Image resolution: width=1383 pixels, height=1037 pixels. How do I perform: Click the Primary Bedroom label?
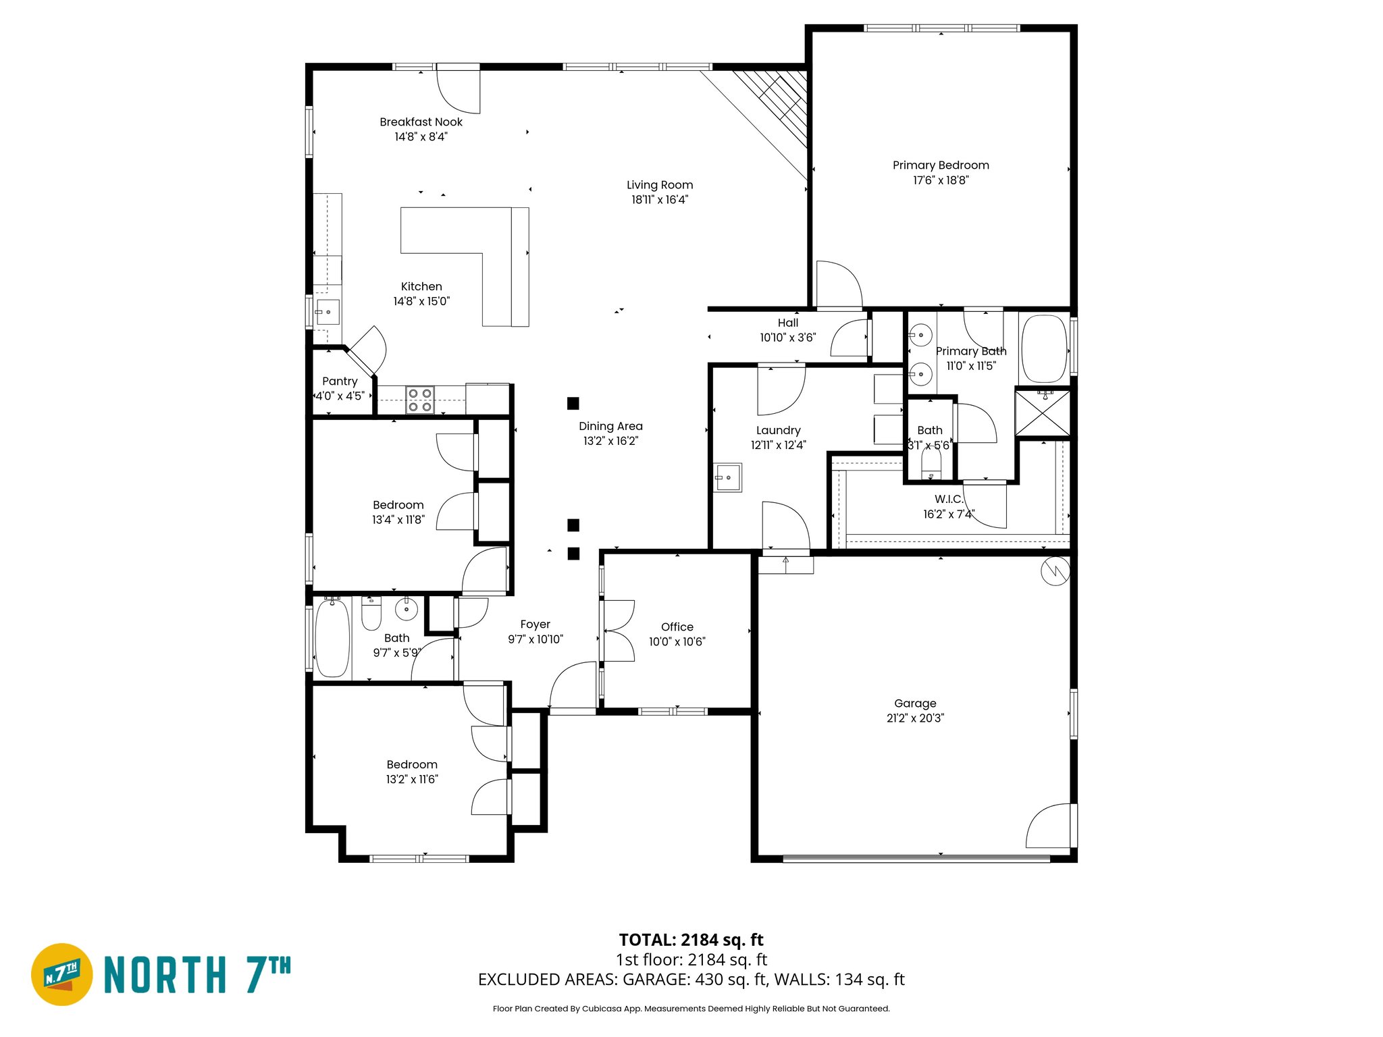pos(941,165)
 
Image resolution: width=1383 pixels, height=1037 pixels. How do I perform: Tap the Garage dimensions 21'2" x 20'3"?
pos(915,718)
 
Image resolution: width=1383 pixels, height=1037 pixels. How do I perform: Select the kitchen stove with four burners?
pos(419,400)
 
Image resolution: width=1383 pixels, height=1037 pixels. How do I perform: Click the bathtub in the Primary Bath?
pos(1044,349)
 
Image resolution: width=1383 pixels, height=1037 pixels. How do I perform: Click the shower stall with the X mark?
pos(1043,413)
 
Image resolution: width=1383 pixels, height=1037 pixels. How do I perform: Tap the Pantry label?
pos(340,381)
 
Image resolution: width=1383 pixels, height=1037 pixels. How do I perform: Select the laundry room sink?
pos(728,477)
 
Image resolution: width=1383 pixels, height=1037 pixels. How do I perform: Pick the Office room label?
pos(677,627)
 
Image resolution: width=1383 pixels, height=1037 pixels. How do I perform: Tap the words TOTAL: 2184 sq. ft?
pos(691,940)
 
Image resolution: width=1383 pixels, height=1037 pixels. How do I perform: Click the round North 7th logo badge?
pos(62,974)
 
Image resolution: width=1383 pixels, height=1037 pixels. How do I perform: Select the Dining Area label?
pos(610,426)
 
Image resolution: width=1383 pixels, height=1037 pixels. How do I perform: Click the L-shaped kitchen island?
pos(473,250)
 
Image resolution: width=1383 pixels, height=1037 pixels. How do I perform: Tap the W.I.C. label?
pos(949,500)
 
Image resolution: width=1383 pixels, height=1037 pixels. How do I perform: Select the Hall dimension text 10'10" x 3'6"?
pos(787,338)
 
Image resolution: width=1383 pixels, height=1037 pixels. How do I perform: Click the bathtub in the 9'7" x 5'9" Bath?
pos(332,637)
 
